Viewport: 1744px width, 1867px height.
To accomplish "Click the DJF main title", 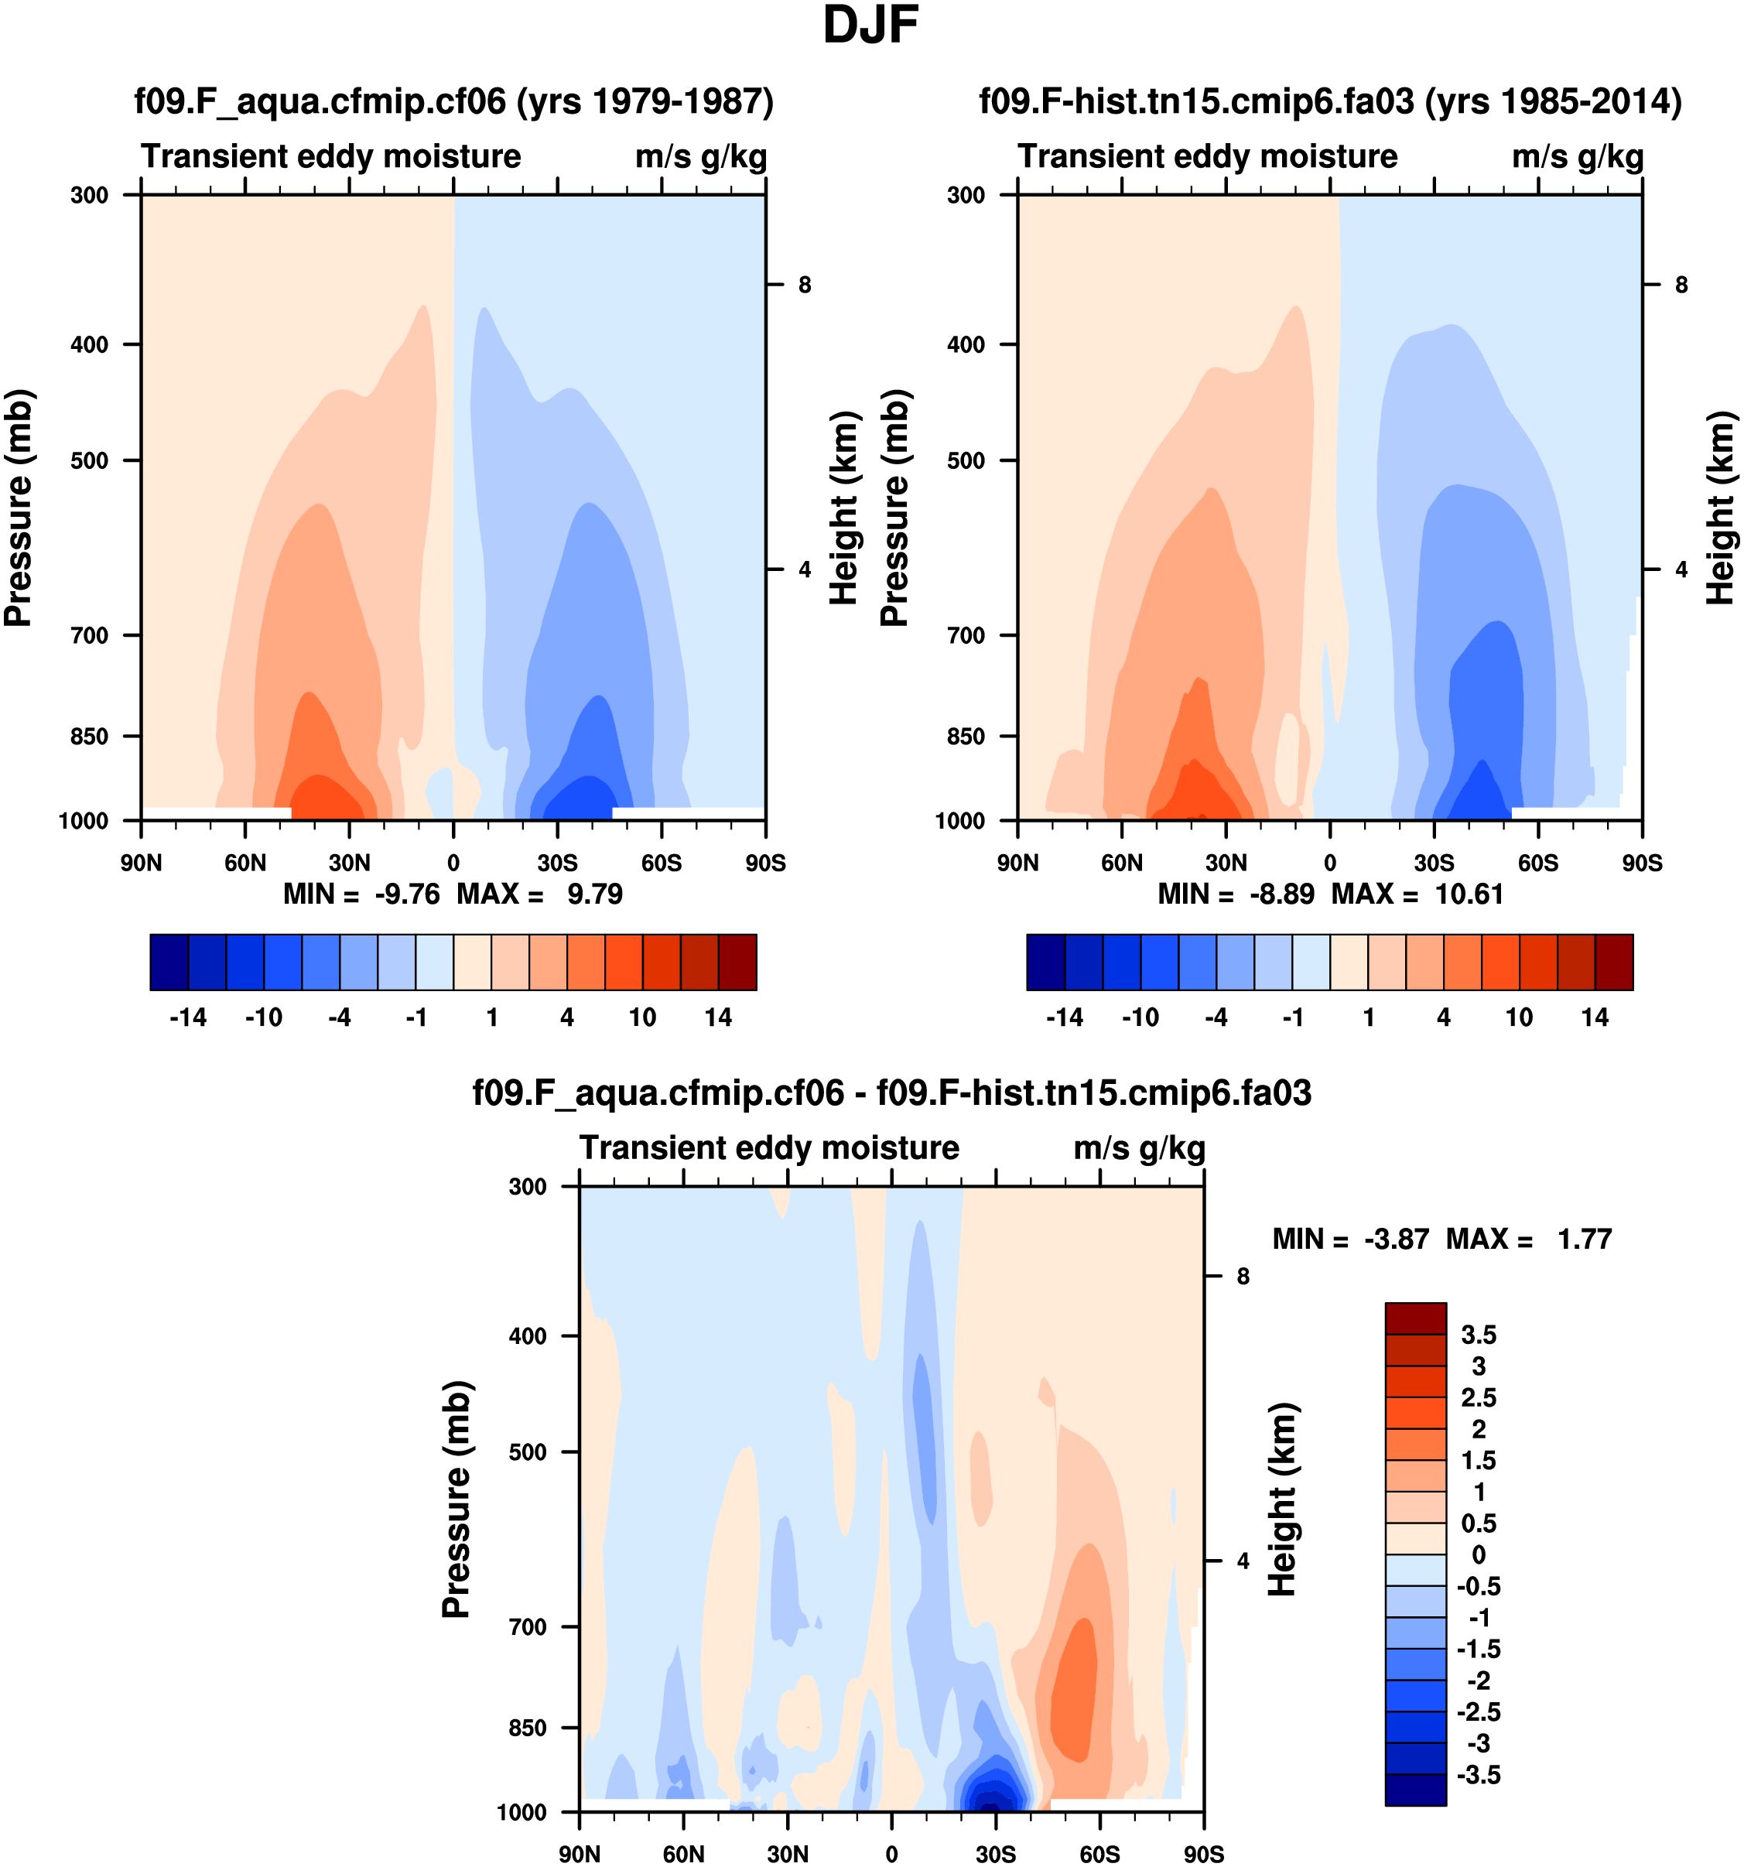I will click(x=870, y=26).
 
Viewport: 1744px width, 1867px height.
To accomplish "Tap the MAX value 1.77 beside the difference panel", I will click(x=1585, y=1239).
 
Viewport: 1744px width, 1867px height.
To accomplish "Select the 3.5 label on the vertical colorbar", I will click(x=1478, y=1335).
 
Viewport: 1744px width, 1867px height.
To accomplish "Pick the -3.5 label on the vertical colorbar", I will click(x=1478, y=1775).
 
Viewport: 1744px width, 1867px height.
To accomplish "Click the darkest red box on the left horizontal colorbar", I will click(x=737, y=962).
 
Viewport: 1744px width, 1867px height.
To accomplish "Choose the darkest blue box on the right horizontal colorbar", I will click(x=1045, y=962).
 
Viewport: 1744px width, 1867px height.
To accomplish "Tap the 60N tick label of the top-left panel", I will click(x=245, y=862).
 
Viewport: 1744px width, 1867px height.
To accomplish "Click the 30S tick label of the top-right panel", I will click(x=1434, y=862).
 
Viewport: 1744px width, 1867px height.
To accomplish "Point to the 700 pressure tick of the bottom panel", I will click(x=527, y=1626).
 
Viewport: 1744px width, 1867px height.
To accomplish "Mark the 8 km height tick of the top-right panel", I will click(x=1681, y=285).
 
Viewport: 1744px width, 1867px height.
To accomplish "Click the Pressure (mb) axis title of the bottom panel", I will click(x=457, y=1499).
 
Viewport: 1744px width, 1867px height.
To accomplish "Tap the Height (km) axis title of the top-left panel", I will click(x=844, y=507).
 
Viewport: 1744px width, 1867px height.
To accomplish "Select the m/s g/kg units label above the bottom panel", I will click(x=1138, y=1147).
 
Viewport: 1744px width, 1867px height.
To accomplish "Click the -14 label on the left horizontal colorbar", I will click(x=188, y=1017).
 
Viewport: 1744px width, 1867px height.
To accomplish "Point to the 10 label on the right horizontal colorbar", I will click(x=1519, y=1017).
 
